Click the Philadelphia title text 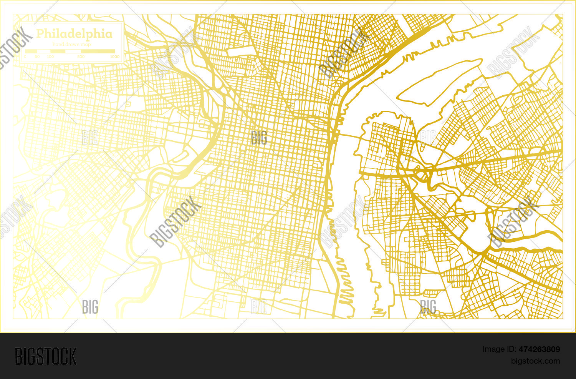[x=74, y=34]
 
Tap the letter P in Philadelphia [x=40, y=34]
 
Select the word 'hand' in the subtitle [x=58, y=45]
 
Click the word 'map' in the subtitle [x=86, y=45]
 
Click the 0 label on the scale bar [x=25, y=57]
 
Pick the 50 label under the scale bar [x=37, y=57]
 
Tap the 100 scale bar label [x=50, y=57]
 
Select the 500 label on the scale [x=81, y=57]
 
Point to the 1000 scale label [x=114, y=57]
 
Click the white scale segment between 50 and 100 [x=44, y=51]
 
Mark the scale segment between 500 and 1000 [x=98, y=51]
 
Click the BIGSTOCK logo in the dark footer [x=46, y=356]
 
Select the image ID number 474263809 [x=539, y=349]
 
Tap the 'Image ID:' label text [x=499, y=349]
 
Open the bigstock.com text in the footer [x=535, y=361]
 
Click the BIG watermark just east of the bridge [x=428, y=137]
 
